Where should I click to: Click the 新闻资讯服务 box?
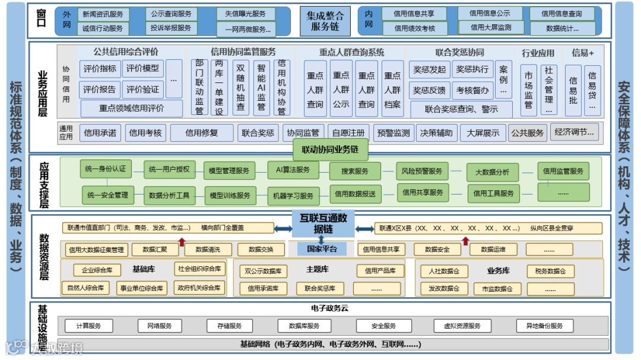[103, 14]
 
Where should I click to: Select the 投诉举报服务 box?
[171, 28]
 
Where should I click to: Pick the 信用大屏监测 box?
[490, 27]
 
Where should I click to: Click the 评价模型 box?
[142, 69]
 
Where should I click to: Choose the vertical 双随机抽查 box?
[240, 87]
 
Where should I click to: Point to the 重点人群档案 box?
[392, 90]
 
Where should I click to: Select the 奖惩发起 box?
[429, 69]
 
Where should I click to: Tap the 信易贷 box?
[592, 90]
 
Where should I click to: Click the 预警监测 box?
[394, 133]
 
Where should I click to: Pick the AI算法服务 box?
[293, 170]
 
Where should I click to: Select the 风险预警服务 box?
[421, 171]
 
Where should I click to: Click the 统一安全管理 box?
[107, 195]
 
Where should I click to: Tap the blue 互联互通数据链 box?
[323, 223]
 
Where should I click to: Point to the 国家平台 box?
[321, 249]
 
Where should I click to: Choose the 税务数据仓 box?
[550, 271]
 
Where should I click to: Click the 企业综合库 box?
[93, 270]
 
